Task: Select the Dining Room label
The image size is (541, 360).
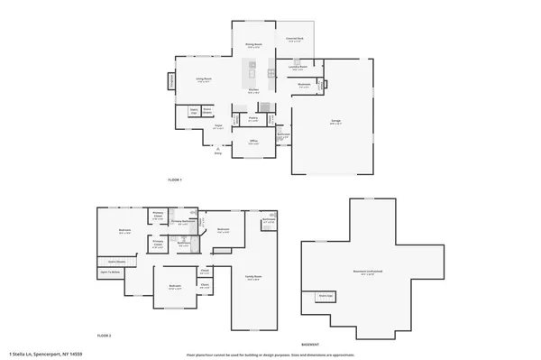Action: [253, 45]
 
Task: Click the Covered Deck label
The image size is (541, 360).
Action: [294, 40]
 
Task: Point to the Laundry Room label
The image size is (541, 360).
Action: [298, 67]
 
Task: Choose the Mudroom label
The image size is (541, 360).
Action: [304, 85]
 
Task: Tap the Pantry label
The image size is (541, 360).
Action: [253, 117]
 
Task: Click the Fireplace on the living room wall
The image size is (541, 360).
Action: [171, 83]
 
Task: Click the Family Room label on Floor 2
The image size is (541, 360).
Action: [253, 277]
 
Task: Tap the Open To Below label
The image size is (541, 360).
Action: [110, 272]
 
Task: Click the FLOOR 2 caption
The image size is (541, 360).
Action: [105, 336]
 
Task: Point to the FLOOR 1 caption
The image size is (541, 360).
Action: [175, 180]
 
